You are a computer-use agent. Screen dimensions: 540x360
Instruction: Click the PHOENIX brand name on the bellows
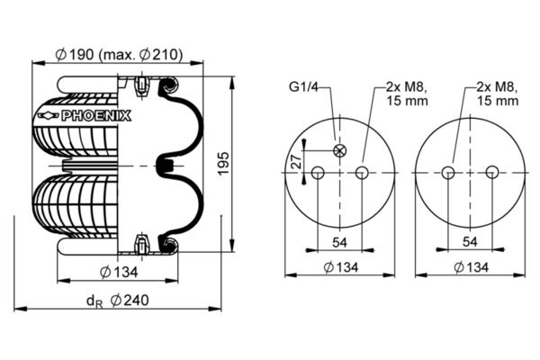[96, 116]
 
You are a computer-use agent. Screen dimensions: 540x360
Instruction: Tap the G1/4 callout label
[304, 87]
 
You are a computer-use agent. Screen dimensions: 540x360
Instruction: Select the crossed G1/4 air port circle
[340, 150]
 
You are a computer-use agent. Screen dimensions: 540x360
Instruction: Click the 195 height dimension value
[224, 163]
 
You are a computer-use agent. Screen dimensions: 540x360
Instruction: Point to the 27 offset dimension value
[296, 161]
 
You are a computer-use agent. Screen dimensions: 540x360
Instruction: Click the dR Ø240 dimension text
[117, 301]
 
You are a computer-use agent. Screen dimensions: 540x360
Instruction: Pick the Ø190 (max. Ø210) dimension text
[119, 54]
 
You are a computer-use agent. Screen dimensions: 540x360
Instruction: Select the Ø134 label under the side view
[119, 272]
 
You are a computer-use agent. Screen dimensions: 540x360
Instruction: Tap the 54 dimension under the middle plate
[339, 242]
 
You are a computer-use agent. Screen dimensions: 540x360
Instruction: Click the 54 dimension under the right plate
[470, 242]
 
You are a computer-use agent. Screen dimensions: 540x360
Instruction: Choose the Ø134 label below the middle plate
[341, 267]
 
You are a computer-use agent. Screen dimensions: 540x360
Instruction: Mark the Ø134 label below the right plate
[471, 267]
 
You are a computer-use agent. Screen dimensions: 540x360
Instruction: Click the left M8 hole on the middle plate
[318, 172]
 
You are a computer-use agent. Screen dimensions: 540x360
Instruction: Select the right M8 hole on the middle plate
[362, 172]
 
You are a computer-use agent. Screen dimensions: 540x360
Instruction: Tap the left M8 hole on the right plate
[448, 172]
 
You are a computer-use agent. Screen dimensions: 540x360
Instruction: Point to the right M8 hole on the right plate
[492, 172]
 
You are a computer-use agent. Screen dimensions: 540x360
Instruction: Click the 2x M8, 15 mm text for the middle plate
[407, 94]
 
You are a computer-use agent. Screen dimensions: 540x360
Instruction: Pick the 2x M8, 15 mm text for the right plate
[498, 94]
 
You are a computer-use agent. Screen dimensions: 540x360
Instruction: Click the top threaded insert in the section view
[141, 86]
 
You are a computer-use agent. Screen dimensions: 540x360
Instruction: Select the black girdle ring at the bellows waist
[165, 166]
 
